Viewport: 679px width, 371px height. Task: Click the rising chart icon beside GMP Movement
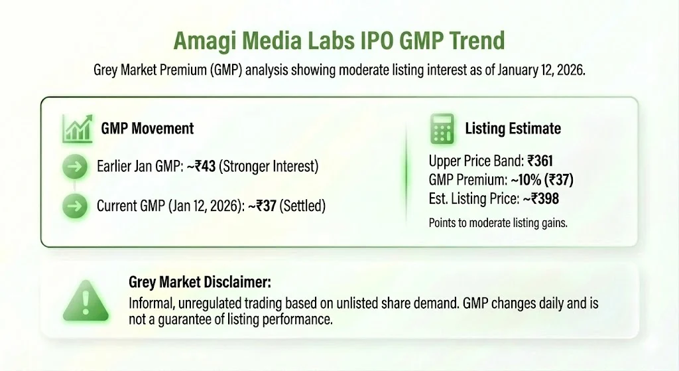pos(76,128)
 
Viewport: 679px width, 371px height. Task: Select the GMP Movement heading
pos(147,128)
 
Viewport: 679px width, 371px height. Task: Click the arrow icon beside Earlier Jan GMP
pos(75,167)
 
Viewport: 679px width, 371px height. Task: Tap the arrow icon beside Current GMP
pos(75,206)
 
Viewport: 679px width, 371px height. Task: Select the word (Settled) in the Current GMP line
pos(302,206)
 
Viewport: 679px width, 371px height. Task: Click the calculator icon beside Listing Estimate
pos(441,128)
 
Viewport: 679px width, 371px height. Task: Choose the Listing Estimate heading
pos(513,129)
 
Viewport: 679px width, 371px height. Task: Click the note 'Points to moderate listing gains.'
pos(498,223)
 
